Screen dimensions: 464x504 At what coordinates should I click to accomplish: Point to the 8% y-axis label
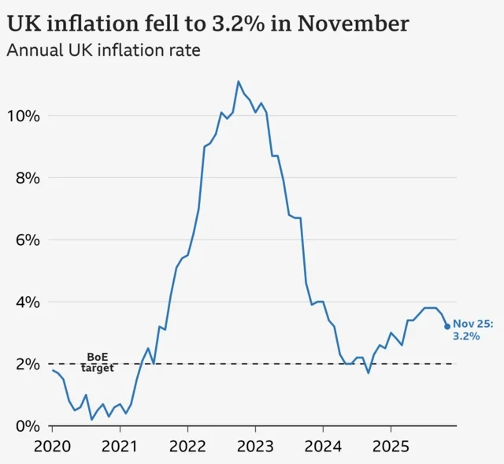click(x=25, y=178)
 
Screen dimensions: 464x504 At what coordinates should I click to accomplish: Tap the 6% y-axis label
click(x=25, y=239)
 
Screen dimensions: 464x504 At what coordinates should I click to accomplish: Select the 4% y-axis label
click(x=25, y=302)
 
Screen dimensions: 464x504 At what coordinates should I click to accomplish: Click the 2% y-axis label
click(x=25, y=364)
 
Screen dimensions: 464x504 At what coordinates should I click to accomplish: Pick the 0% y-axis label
click(x=25, y=426)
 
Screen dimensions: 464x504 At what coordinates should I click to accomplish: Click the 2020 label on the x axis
click(x=53, y=446)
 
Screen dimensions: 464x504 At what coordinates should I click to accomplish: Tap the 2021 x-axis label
click(x=120, y=446)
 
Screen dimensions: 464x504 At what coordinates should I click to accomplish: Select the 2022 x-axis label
click(x=187, y=446)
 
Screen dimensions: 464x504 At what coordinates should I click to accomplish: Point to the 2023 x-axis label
click(x=255, y=446)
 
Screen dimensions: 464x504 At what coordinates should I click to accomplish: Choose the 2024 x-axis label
click(x=323, y=446)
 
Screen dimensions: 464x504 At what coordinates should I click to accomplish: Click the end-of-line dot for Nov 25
click(x=447, y=326)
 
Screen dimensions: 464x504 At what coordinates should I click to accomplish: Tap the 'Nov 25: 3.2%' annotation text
click(x=472, y=329)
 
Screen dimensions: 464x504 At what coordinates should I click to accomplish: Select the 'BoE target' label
click(x=98, y=362)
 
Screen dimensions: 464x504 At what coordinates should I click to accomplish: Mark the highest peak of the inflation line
click(x=239, y=81)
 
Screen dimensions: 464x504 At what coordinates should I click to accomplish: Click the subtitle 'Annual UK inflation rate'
click(x=103, y=51)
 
